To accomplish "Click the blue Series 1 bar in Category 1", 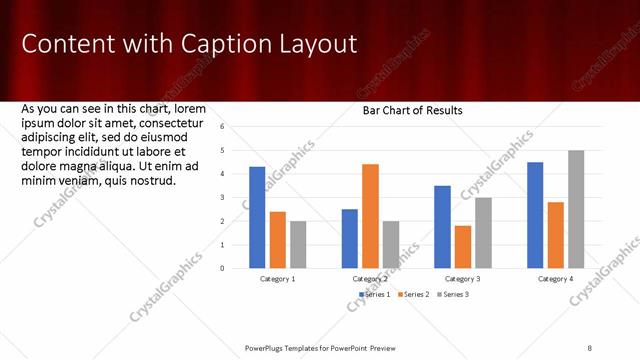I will coord(257,217).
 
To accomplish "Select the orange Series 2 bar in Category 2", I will coord(370,216).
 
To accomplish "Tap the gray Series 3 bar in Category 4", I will coord(576,209).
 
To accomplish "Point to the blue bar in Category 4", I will coord(535,215).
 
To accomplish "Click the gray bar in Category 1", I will coord(298,244).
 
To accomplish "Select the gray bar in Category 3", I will coord(483,233).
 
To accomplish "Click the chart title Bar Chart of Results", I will coord(412,111).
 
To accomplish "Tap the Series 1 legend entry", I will coord(375,294).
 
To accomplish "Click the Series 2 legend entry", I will coord(414,294).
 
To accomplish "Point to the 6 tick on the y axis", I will coord(237,127).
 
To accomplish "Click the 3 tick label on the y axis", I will coord(237,197).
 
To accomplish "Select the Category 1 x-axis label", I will coord(277,279).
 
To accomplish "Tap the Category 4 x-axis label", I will coord(556,279).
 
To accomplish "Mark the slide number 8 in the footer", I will coord(590,347).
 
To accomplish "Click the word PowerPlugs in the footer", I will coord(268,347).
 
